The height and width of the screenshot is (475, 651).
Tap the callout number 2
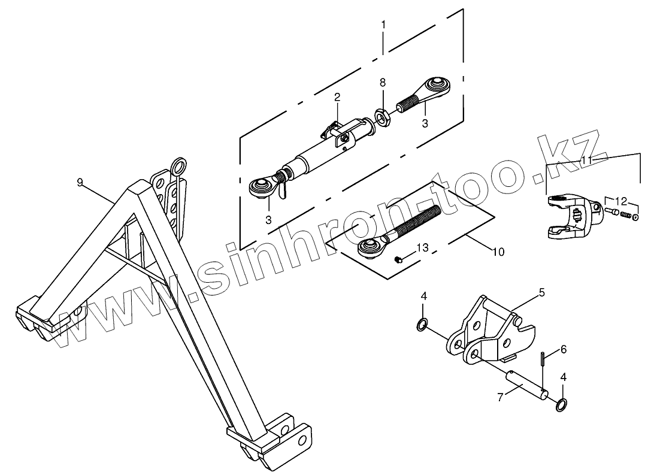(337, 96)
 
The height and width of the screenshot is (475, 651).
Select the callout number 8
(383, 83)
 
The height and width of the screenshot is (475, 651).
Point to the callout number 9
(80, 182)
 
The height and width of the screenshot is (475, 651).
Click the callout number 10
(498, 252)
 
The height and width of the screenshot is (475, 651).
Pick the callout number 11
(586, 160)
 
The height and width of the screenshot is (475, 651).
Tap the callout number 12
(621, 201)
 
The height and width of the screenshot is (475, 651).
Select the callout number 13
(423, 247)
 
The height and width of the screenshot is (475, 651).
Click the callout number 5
(542, 292)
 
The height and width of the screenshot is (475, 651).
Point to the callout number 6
(564, 349)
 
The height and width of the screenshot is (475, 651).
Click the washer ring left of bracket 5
(422, 325)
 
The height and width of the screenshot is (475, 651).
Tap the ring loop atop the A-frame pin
(178, 165)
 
